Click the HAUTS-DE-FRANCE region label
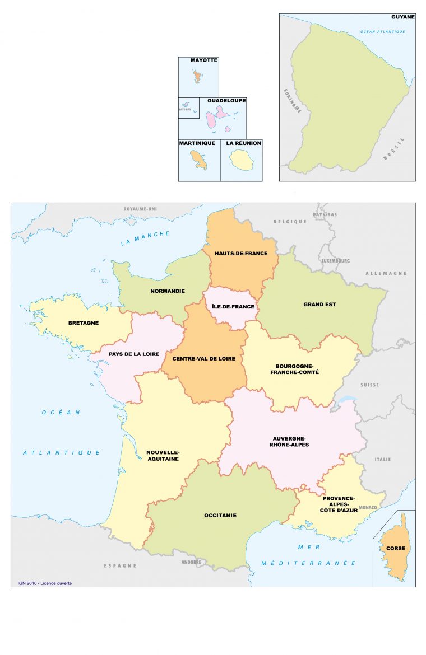coord(240,253)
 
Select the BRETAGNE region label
coord(84,323)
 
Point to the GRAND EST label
coord(319,305)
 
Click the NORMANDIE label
coord(168,291)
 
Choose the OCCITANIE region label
coord(220,515)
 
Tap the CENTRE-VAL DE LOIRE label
coord(204,358)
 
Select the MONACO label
coord(368,508)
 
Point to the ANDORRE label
coord(191,562)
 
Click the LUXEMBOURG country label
coord(336,261)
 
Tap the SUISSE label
coord(370,385)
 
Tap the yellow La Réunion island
coord(241,162)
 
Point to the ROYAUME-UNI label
coord(140,209)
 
